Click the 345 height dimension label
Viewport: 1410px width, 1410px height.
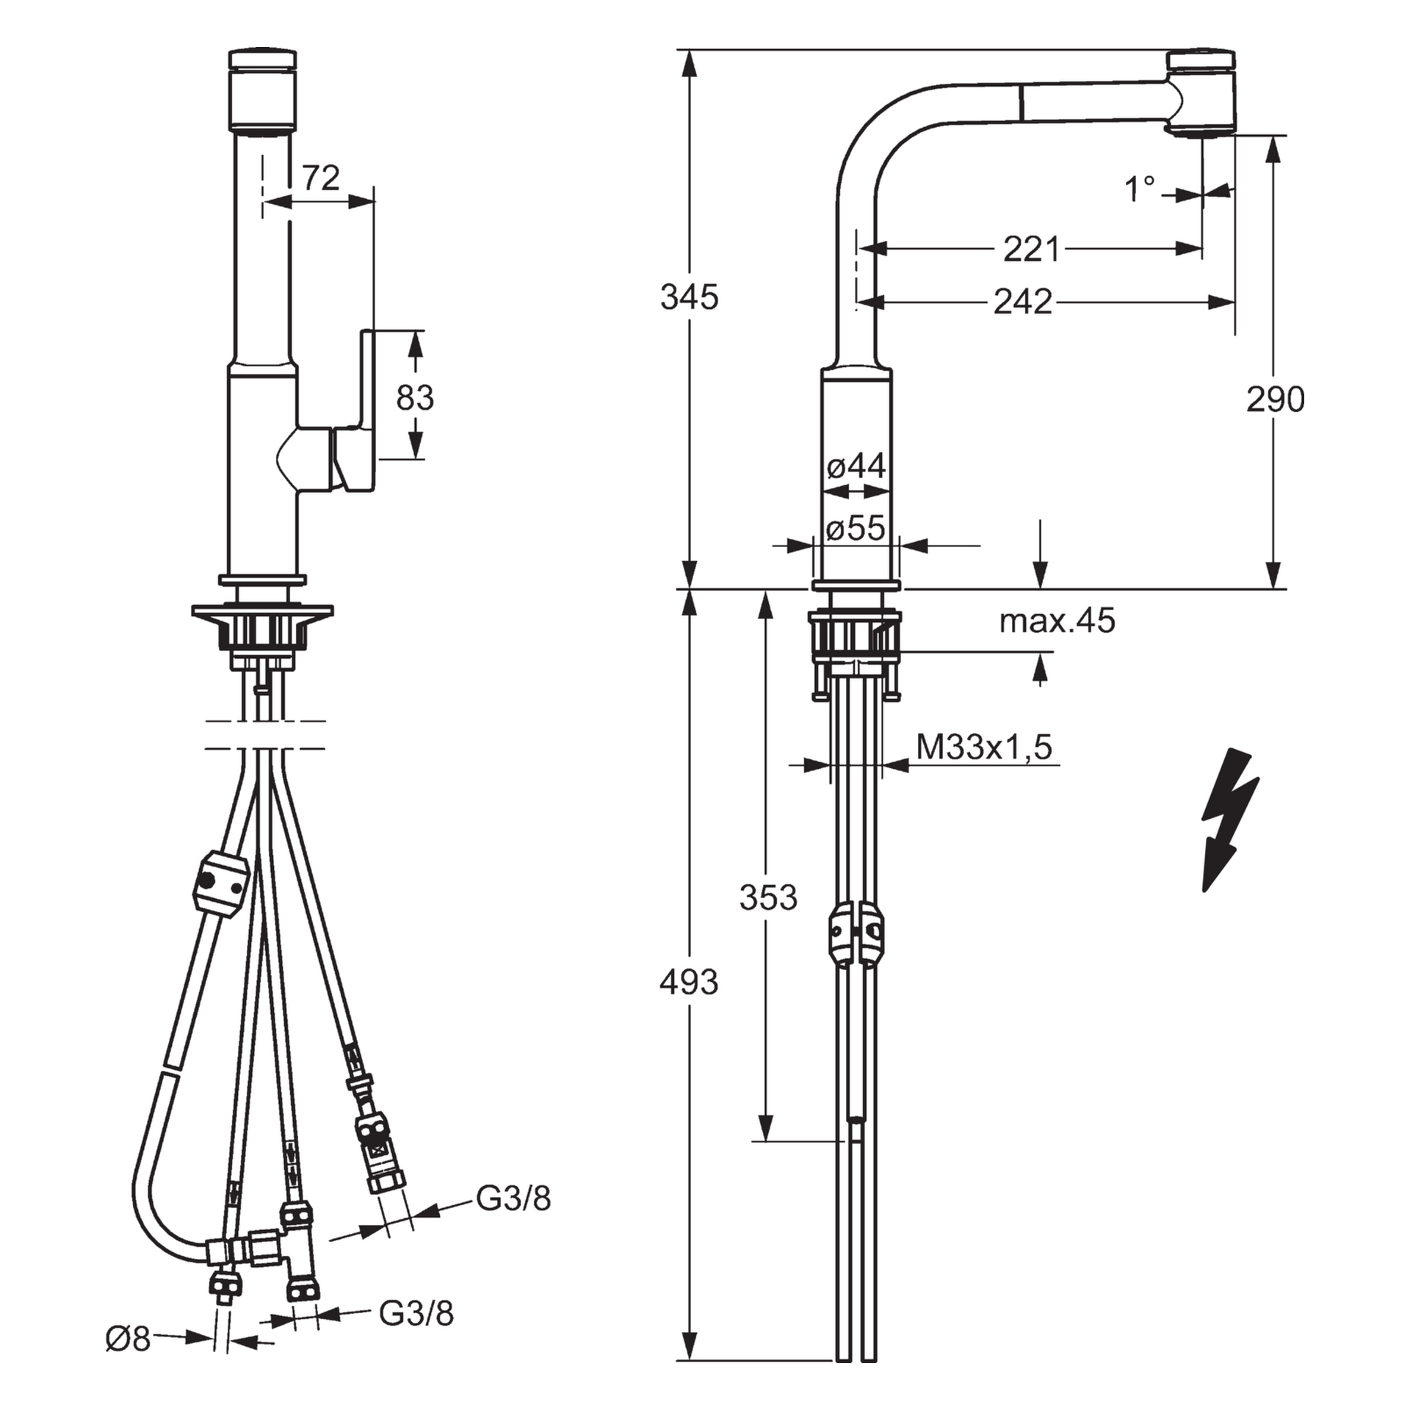coord(688,297)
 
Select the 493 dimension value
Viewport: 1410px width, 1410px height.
coord(688,983)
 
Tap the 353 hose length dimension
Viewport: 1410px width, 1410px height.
coord(767,897)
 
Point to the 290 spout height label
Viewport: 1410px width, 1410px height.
coord(1275,399)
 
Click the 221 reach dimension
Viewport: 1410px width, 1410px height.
coord(1031,250)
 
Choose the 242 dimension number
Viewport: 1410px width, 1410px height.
coord(1022,302)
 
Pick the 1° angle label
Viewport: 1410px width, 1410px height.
coord(1140,189)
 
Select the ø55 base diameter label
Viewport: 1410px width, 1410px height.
coord(856,528)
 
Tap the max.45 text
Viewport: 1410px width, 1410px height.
coord(1056,621)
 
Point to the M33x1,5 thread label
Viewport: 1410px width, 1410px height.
coord(983,748)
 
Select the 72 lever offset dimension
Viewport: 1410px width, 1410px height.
coord(321,178)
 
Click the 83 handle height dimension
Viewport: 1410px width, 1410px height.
coord(415,397)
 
